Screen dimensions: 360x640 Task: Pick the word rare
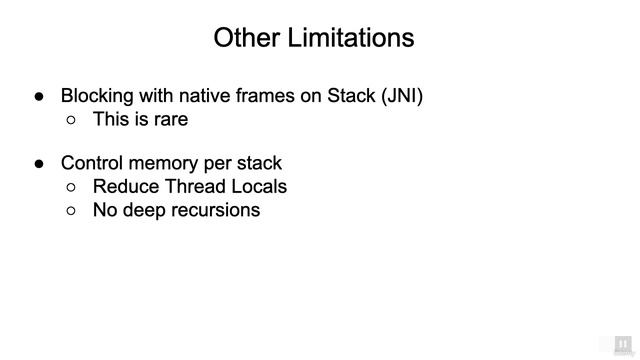[170, 119]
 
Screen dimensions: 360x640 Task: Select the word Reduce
[124, 186]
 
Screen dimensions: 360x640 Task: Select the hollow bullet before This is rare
[71, 120]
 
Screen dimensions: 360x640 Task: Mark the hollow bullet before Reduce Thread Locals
[71, 187]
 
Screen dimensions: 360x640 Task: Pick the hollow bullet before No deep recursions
[71, 210]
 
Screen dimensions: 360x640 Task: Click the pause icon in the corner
[622, 342]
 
